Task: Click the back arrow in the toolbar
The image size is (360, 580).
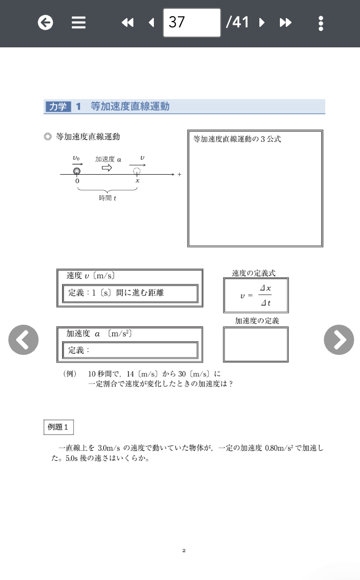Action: [x=45, y=22]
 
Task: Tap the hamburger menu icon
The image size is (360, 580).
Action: [x=79, y=22]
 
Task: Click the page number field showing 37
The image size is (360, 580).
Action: [x=191, y=22]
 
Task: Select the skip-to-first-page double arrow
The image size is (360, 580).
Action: [x=127, y=22]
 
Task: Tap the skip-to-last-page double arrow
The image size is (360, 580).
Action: [x=286, y=22]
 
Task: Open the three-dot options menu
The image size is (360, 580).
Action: [x=320, y=22]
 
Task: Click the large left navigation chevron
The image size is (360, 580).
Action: [x=23, y=339]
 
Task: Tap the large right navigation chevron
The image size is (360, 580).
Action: [x=339, y=339]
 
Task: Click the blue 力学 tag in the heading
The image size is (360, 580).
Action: [x=58, y=106]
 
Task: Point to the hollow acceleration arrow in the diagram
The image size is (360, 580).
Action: [x=106, y=168]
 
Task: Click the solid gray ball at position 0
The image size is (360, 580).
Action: [x=77, y=171]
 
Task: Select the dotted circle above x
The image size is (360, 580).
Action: [x=137, y=171]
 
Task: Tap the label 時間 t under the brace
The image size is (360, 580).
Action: [x=107, y=198]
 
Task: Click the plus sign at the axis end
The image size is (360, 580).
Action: [x=179, y=174]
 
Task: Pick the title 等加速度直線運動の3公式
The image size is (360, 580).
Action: [x=237, y=139]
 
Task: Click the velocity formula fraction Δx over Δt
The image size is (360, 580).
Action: [x=265, y=295]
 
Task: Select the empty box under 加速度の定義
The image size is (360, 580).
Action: [x=255, y=344]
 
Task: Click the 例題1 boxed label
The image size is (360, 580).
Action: [x=59, y=427]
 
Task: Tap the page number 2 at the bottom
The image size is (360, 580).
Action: [x=184, y=551]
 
